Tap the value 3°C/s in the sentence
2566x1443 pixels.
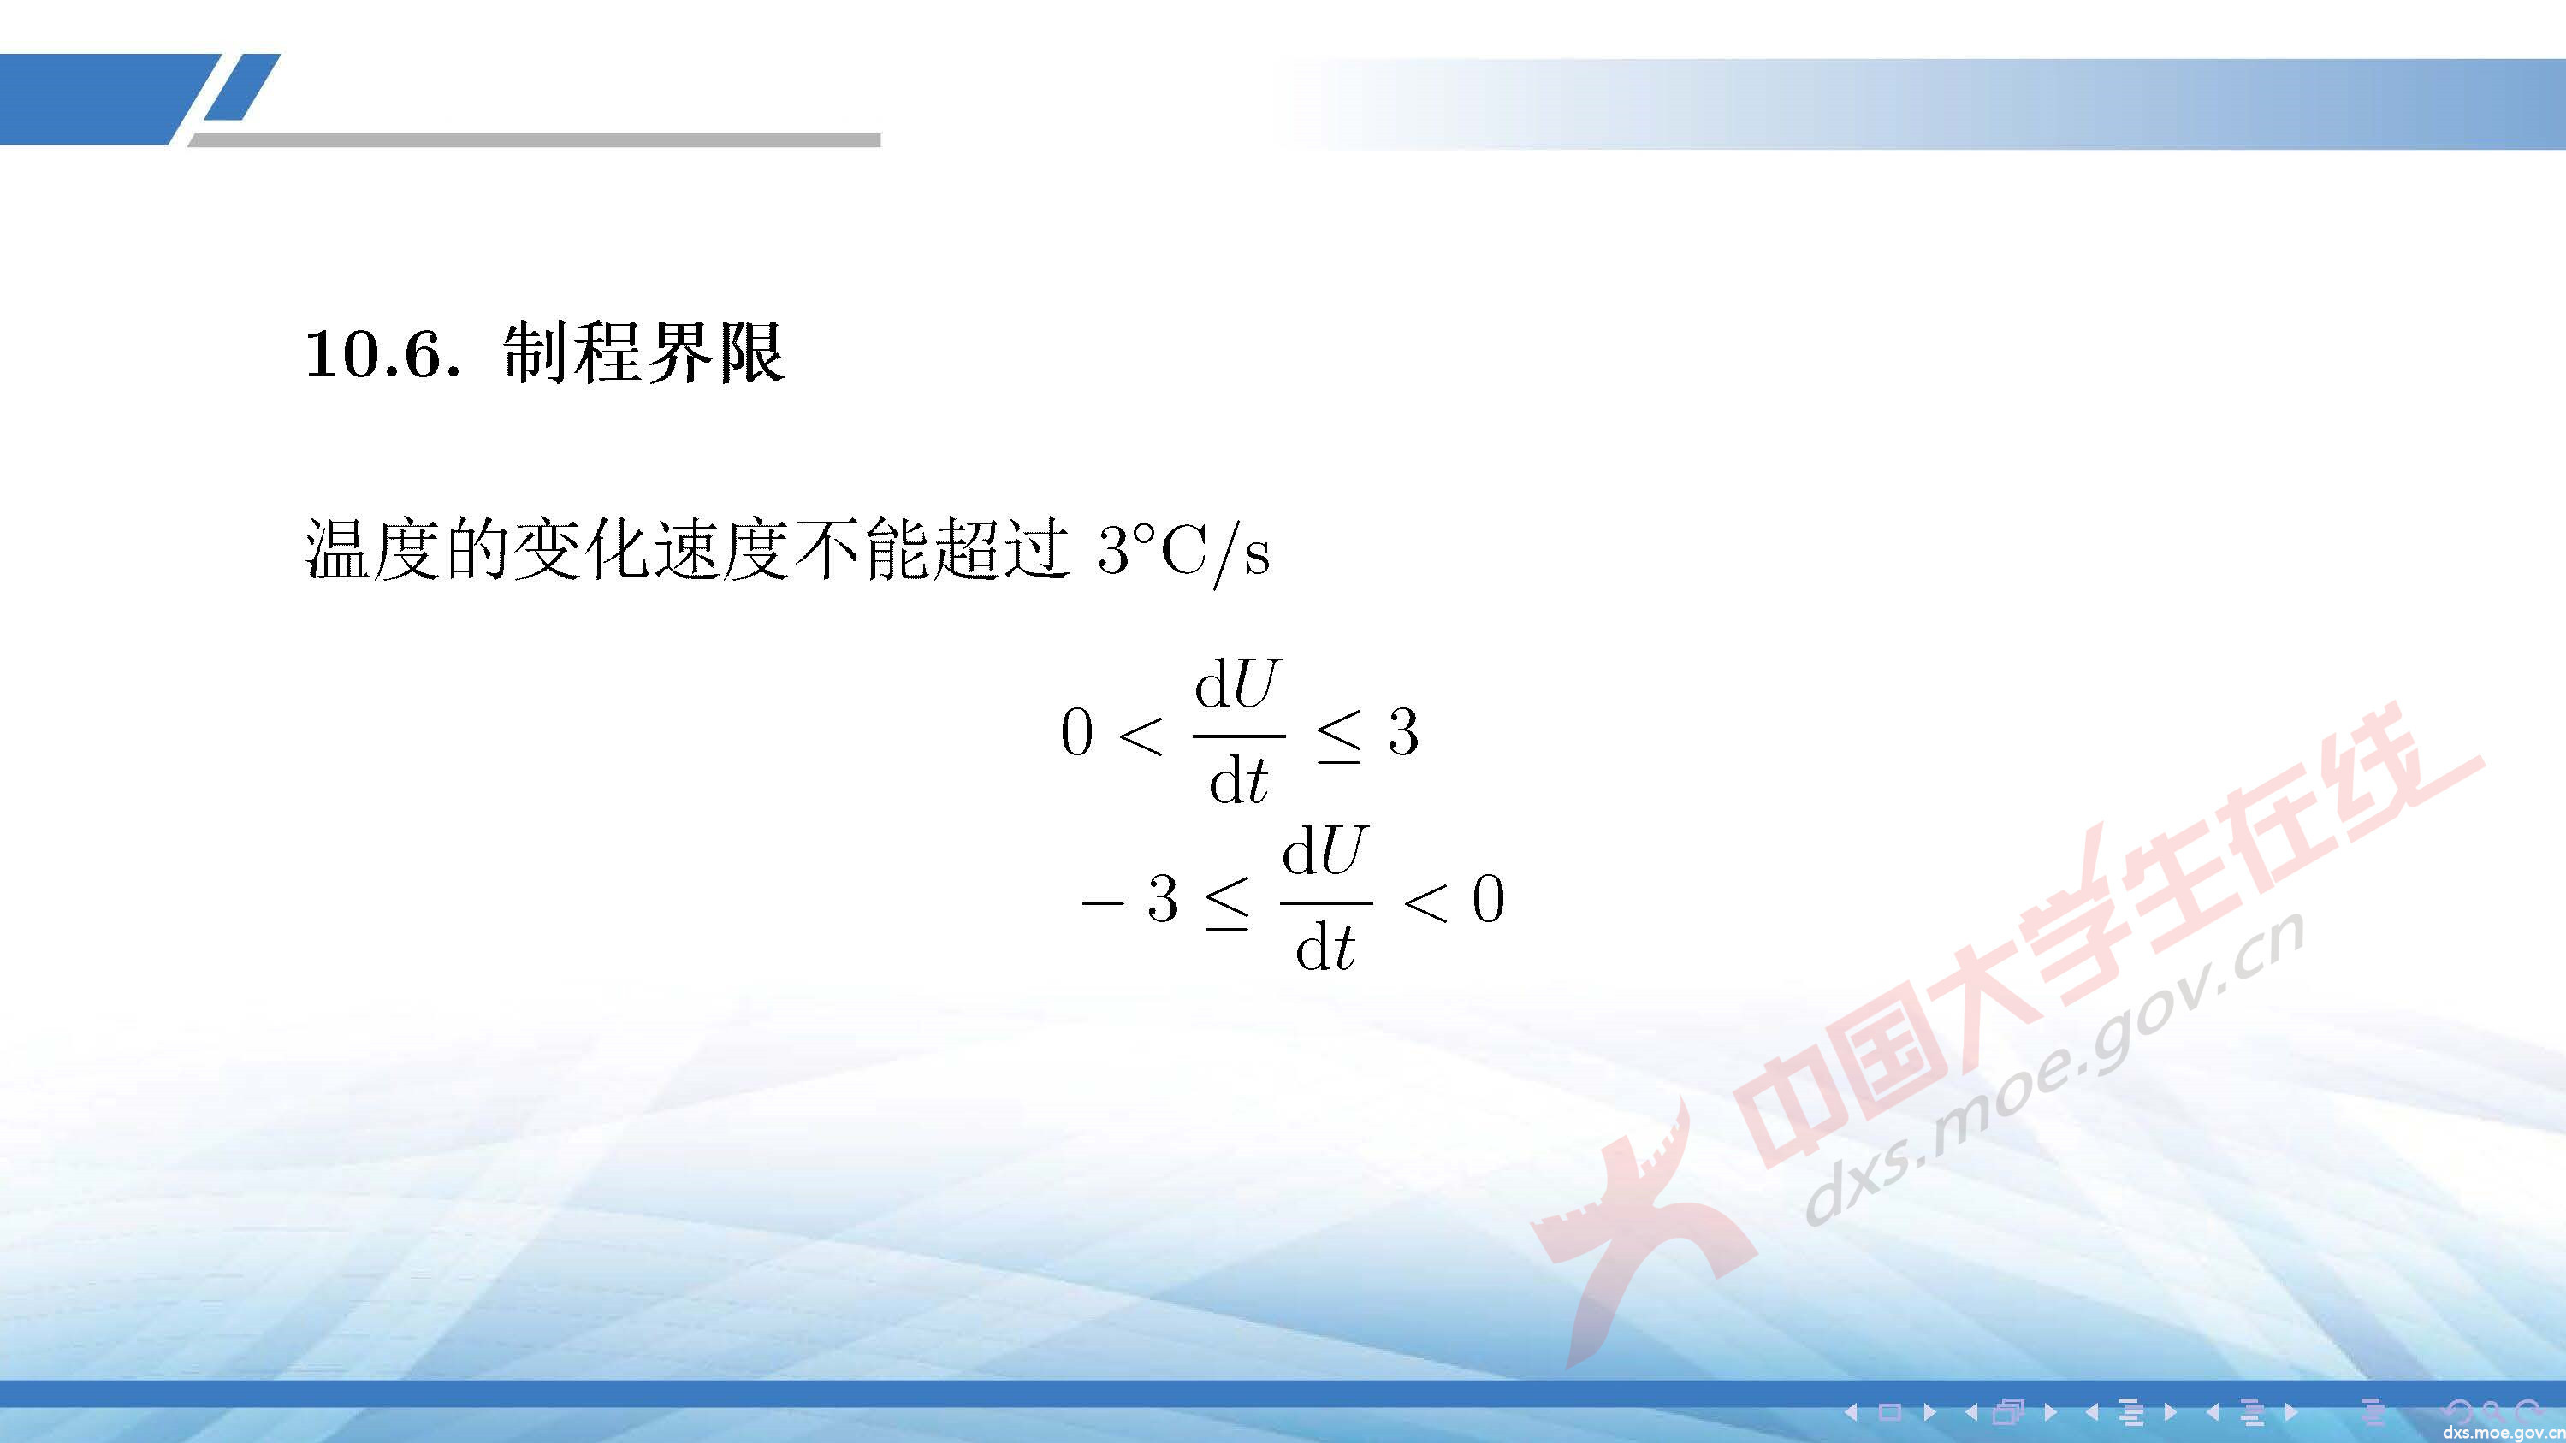pos(1183,552)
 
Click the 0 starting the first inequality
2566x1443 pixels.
pos(1077,735)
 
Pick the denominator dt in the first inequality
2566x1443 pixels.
pos(1238,781)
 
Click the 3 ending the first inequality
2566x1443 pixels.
pos(1403,734)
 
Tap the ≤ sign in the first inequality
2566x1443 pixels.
pos(1340,739)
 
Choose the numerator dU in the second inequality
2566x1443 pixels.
pos(1324,854)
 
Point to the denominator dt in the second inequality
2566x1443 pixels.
pos(1324,947)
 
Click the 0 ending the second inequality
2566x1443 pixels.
pos(1488,900)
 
